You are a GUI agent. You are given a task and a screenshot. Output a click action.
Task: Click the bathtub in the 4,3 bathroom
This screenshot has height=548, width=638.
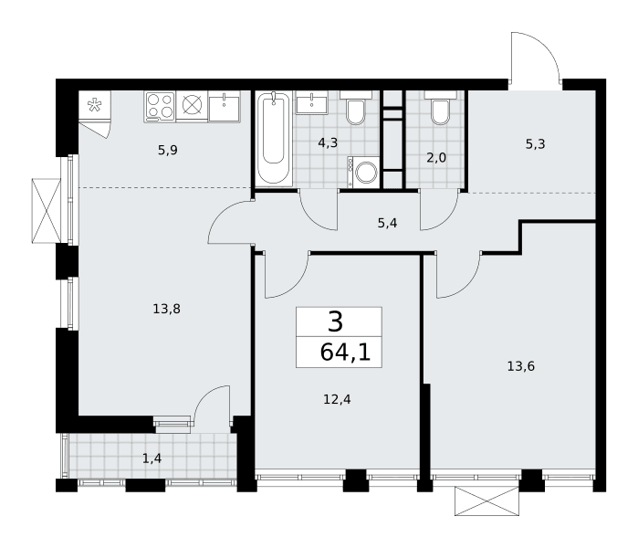274,139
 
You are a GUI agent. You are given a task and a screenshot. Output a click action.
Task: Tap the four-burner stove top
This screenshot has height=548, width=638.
160,106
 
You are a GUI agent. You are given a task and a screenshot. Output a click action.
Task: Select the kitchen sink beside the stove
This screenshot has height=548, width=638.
225,106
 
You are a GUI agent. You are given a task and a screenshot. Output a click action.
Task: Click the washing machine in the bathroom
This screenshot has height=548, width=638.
363,173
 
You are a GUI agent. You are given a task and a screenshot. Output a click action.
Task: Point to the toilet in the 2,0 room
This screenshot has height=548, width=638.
440,108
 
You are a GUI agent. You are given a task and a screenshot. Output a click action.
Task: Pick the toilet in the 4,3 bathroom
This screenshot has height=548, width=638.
356,108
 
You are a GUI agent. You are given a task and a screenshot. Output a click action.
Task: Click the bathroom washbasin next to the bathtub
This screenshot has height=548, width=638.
311,102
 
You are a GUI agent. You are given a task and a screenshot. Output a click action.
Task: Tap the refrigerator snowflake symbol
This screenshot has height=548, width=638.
95,105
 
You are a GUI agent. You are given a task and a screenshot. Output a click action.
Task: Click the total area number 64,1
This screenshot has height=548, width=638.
345,353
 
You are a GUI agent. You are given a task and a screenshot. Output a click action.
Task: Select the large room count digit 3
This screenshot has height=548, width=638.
335,321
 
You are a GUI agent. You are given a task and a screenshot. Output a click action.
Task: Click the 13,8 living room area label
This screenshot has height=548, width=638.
166,309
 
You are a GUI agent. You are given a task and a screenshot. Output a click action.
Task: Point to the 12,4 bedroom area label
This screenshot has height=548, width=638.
337,399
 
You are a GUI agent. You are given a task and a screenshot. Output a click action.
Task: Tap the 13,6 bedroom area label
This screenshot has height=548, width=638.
521,366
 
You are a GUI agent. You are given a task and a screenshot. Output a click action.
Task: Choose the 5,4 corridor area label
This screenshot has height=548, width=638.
387,223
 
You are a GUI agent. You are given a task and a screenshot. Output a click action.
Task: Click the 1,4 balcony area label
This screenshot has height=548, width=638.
152,458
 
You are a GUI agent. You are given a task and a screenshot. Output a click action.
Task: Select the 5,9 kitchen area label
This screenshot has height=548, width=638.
168,150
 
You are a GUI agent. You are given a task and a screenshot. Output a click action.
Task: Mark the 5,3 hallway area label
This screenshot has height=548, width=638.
535,143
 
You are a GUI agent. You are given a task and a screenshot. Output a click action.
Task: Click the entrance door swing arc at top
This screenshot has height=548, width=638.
546,46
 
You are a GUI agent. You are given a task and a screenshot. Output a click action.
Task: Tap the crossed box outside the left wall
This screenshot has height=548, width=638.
47,210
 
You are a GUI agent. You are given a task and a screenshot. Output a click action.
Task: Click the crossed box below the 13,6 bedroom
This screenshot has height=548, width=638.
487,501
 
